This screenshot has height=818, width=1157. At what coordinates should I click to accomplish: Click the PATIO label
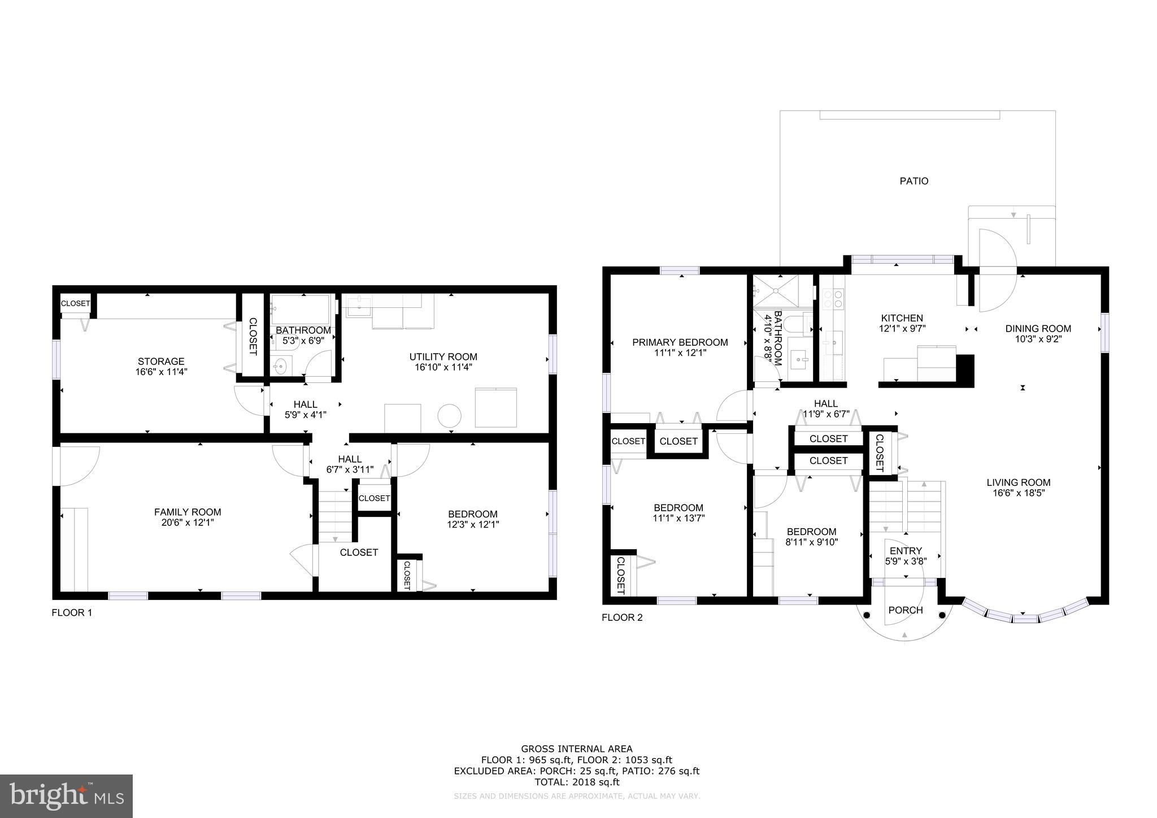click(x=914, y=181)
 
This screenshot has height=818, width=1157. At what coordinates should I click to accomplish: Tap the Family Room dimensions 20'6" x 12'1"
click(x=188, y=523)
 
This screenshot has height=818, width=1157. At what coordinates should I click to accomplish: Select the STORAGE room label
click(x=161, y=362)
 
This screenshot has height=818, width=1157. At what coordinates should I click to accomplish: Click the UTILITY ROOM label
click(x=443, y=357)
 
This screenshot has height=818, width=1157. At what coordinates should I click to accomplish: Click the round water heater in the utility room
click(x=449, y=416)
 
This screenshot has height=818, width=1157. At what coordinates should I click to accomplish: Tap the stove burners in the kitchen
click(x=833, y=299)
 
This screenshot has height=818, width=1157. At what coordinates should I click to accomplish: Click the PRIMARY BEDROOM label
click(x=680, y=342)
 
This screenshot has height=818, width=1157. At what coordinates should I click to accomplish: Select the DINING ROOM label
click(x=1038, y=329)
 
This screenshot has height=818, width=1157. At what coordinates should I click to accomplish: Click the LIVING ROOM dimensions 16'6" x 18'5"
click(x=1018, y=493)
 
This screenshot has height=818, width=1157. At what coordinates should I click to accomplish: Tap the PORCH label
click(x=905, y=610)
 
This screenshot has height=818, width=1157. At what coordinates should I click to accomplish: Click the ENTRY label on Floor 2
click(x=905, y=551)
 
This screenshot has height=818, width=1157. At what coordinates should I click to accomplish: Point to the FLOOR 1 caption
click(x=71, y=612)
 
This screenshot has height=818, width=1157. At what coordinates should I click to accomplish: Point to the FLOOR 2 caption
click(x=621, y=617)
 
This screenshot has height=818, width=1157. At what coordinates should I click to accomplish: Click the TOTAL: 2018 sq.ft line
click(x=576, y=782)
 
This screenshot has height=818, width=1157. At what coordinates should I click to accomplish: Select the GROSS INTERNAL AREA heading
click(x=576, y=749)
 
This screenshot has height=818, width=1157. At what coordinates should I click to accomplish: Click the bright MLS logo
click(x=66, y=795)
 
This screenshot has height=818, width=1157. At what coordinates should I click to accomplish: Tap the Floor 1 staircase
click(x=335, y=516)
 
